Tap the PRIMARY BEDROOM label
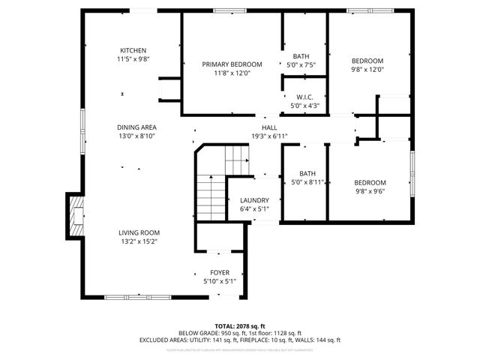click(x=232, y=64)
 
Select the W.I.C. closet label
click(x=304, y=97)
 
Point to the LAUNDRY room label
click(x=254, y=200)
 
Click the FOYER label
click(x=220, y=272)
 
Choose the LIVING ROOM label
click(x=139, y=232)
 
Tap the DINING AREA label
click(x=136, y=127)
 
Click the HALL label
click(x=269, y=127)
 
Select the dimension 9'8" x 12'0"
click(x=368, y=70)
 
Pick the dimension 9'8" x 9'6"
click(x=370, y=192)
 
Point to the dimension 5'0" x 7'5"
click(x=301, y=65)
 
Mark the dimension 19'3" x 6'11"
click(x=269, y=136)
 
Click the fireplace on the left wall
click(x=76, y=216)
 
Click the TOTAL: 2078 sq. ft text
click(x=239, y=325)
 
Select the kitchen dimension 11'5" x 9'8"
click(x=133, y=59)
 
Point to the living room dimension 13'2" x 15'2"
click(x=139, y=241)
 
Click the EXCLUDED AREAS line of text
click(x=239, y=340)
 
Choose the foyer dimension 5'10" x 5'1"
click(x=220, y=281)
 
